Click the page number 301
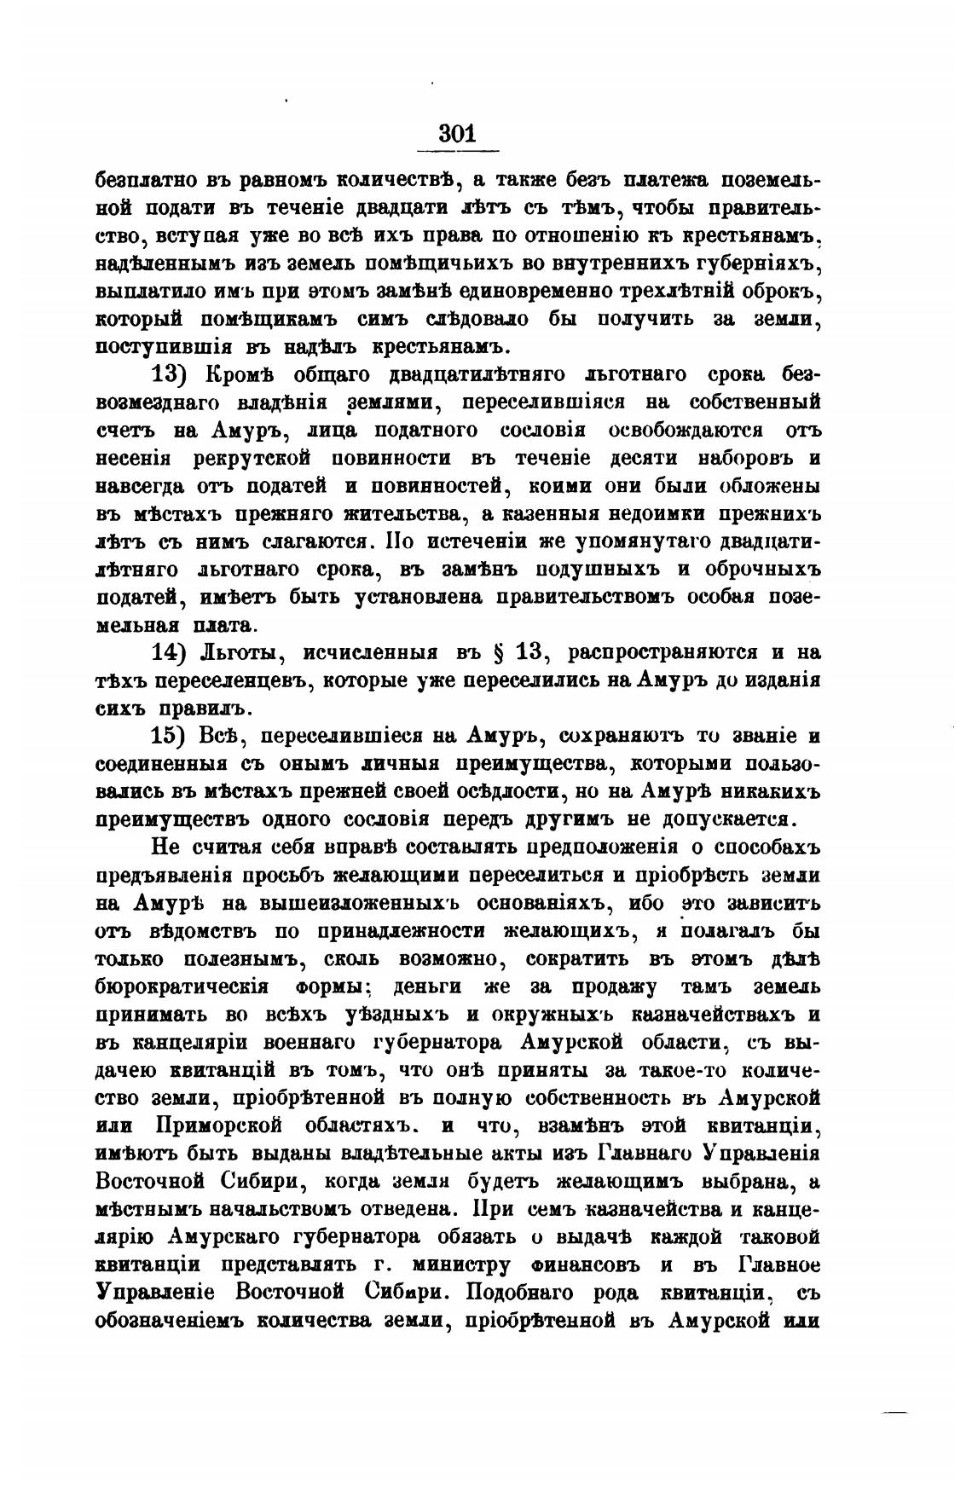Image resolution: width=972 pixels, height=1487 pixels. click(456, 134)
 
